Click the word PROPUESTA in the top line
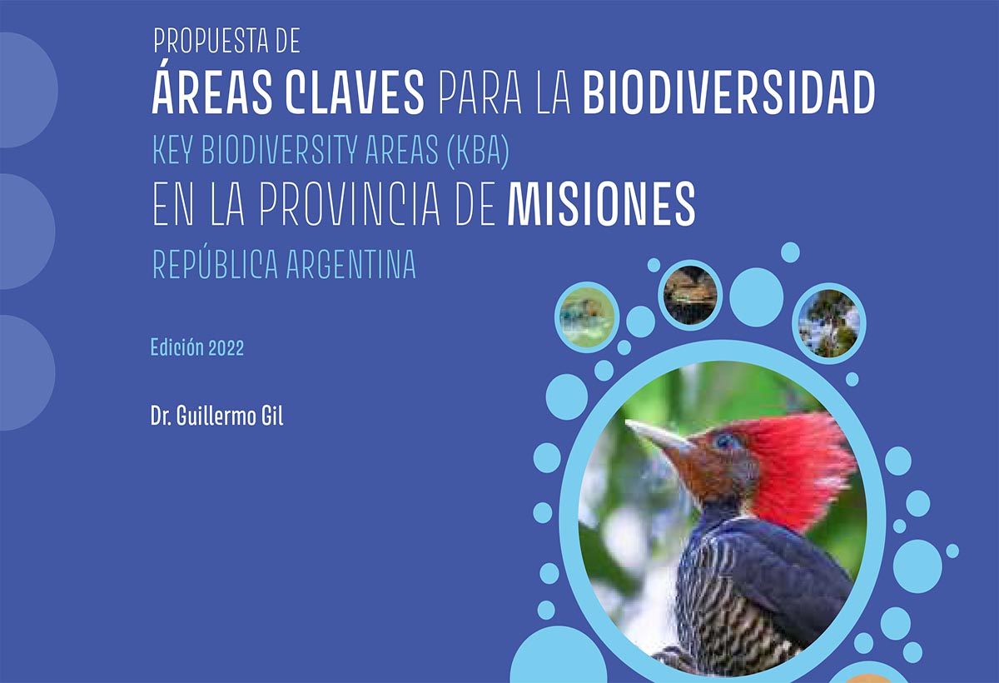coord(211,41)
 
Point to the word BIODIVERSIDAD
coord(728,92)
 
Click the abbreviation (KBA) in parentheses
coord(478,150)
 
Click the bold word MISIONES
coord(601,203)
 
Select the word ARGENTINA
coord(351,264)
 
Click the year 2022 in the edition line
coord(226,348)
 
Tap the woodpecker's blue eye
coord(725,442)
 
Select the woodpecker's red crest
coord(798,468)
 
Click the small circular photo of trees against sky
coord(828,323)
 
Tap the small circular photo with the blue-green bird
coord(587,317)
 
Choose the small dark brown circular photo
coord(690,295)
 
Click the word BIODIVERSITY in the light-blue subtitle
coord(280,150)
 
